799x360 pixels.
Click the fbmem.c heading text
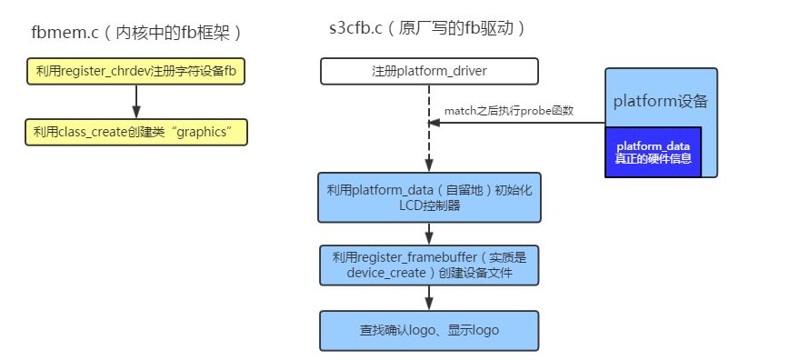pyautogui.click(x=136, y=34)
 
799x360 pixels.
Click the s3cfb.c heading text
pyautogui.click(x=428, y=28)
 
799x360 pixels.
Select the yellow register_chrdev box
pyautogui.click(x=136, y=71)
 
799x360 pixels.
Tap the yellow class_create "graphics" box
pyautogui.click(x=136, y=133)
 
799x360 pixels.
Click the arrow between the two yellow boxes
pyautogui.click(x=136, y=102)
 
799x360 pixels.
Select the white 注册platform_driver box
pyautogui.click(x=428, y=71)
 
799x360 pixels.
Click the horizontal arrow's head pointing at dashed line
pyautogui.click(x=435, y=123)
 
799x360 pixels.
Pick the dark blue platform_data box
pyautogui.click(x=654, y=152)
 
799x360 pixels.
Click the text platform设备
pyautogui.click(x=661, y=101)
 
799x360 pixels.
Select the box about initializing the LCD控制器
pyautogui.click(x=428, y=197)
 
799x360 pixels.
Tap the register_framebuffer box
pyautogui.click(x=428, y=265)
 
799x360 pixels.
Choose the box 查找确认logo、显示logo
pyautogui.click(x=428, y=330)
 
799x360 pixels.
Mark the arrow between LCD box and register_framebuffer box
pyautogui.click(x=429, y=233)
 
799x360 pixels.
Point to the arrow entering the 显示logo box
pyautogui.click(x=429, y=298)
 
